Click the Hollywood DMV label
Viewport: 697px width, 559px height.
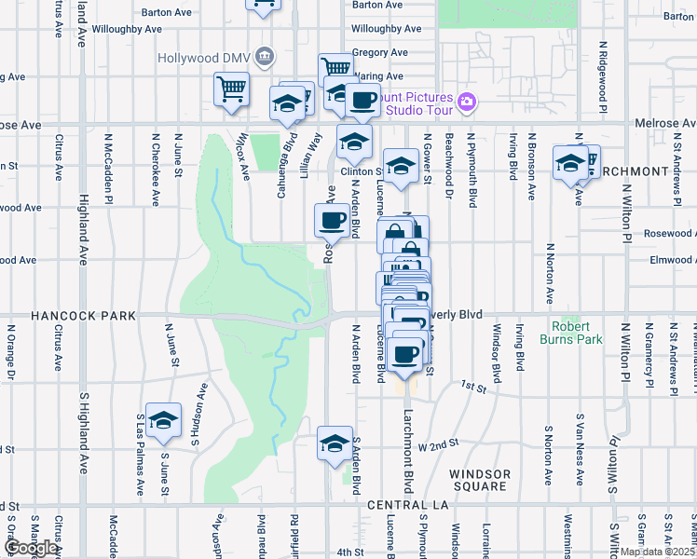click(x=204, y=57)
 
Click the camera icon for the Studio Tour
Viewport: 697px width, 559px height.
click(x=467, y=101)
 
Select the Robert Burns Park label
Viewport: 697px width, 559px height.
click(x=577, y=333)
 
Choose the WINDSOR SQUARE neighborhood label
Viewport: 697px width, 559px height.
click(x=480, y=480)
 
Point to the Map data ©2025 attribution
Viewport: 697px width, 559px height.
click(x=656, y=552)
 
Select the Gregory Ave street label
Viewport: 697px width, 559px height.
click(x=381, y=53)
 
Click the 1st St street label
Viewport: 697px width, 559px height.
click(x=476, y=384)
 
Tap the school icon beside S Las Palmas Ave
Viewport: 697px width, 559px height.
click(x=163, y=421)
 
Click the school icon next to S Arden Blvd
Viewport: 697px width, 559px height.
click(x=335, y=444)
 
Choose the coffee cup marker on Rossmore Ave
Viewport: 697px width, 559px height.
click(x=333, y=221)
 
